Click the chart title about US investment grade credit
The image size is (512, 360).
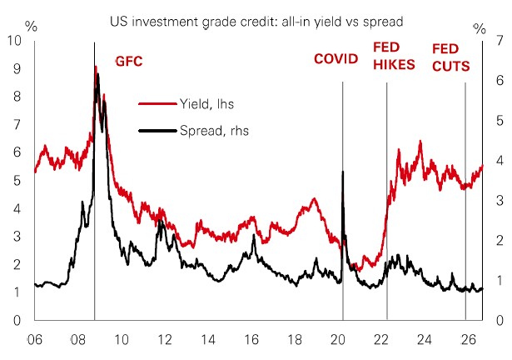click(256, 22)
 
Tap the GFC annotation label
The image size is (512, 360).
click(129, 62)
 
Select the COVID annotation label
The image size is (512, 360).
click(336, 59)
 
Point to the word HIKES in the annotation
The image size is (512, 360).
click(394, 65)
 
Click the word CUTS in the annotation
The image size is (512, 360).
click(451, 67)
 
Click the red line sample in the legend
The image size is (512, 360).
click(157, 104)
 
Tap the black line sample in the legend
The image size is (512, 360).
click(157, 131)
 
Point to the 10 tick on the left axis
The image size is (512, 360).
click(14, 40)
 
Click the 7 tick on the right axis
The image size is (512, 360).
click(490, 41)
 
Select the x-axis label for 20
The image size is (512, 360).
click(338, 340)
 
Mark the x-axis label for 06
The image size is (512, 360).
click(34, 340)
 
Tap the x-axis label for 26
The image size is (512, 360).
click(468, 340)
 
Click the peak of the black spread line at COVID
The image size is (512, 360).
click(342, 172)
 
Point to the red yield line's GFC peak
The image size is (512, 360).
click(96, 67)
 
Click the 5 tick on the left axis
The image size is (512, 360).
click(17, 181)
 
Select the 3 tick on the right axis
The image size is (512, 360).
click(490, 201)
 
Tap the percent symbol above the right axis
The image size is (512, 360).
click(480, 29)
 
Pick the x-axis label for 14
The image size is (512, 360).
click(208, 340)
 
